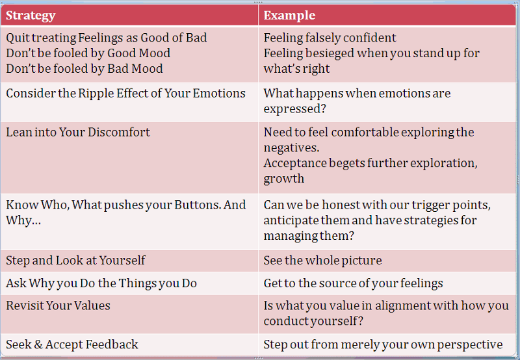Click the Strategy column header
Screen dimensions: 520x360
[31, 16]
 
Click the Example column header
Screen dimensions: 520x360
[289, 16]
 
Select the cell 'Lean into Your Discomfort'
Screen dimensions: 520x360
[78, 133]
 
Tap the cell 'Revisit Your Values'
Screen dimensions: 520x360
[58, 305]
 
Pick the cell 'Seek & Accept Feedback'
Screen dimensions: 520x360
[72, 344]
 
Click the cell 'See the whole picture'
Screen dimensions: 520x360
[322, 260]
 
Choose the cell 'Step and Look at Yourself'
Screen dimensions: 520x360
[75, 260]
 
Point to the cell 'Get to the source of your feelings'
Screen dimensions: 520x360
[353, 283]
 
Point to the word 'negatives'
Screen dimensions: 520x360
[291, 148]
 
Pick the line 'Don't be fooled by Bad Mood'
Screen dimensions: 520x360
[84, 69]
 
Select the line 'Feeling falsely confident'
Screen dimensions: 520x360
[330, 38]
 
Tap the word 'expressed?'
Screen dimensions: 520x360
[295, 109]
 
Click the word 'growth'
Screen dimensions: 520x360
[284, 179]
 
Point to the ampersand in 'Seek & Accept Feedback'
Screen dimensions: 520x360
[38, 344]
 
